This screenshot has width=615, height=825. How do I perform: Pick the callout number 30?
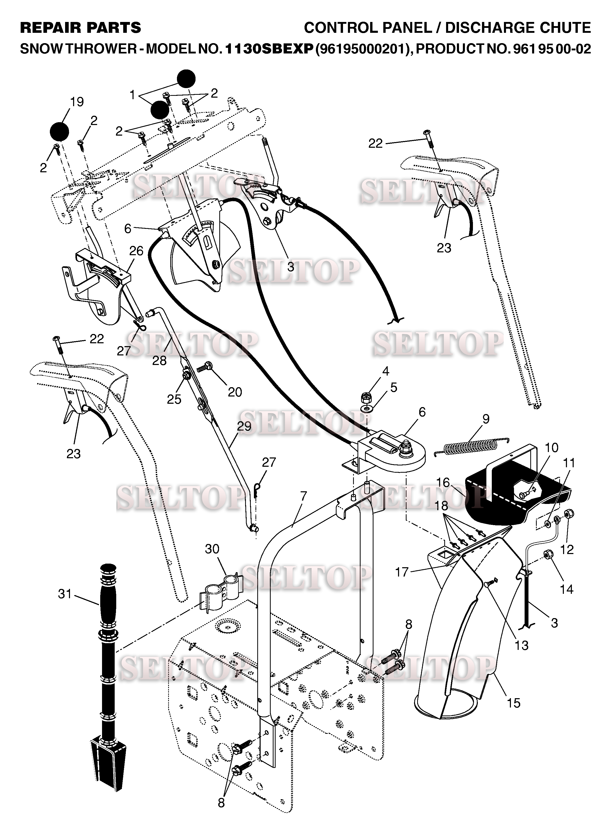click(212, 549)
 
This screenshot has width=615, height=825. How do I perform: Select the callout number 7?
click(303, 496)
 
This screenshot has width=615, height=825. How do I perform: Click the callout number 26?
click(136, 251)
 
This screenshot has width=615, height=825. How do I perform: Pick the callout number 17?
click(402, 572)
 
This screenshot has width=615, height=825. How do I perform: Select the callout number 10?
click(551, 447)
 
